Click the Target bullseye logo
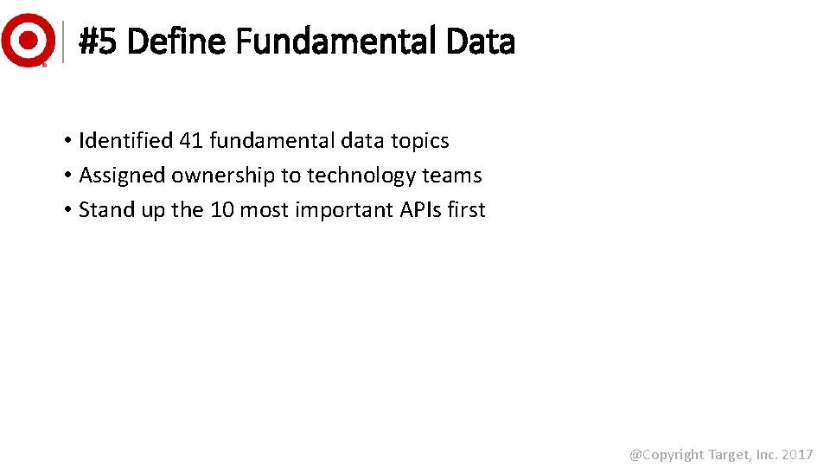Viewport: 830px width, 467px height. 28,40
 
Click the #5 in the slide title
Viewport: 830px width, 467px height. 99,41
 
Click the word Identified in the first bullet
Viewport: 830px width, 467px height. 125,140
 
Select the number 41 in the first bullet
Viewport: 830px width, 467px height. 190,140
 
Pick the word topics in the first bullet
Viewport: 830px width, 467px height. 420,140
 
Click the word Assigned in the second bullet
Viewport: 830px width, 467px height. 122,175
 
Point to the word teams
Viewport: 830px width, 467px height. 451,175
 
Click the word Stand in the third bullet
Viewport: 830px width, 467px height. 104,209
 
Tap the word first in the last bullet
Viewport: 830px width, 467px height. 467,209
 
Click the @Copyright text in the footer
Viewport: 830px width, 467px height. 667,454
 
